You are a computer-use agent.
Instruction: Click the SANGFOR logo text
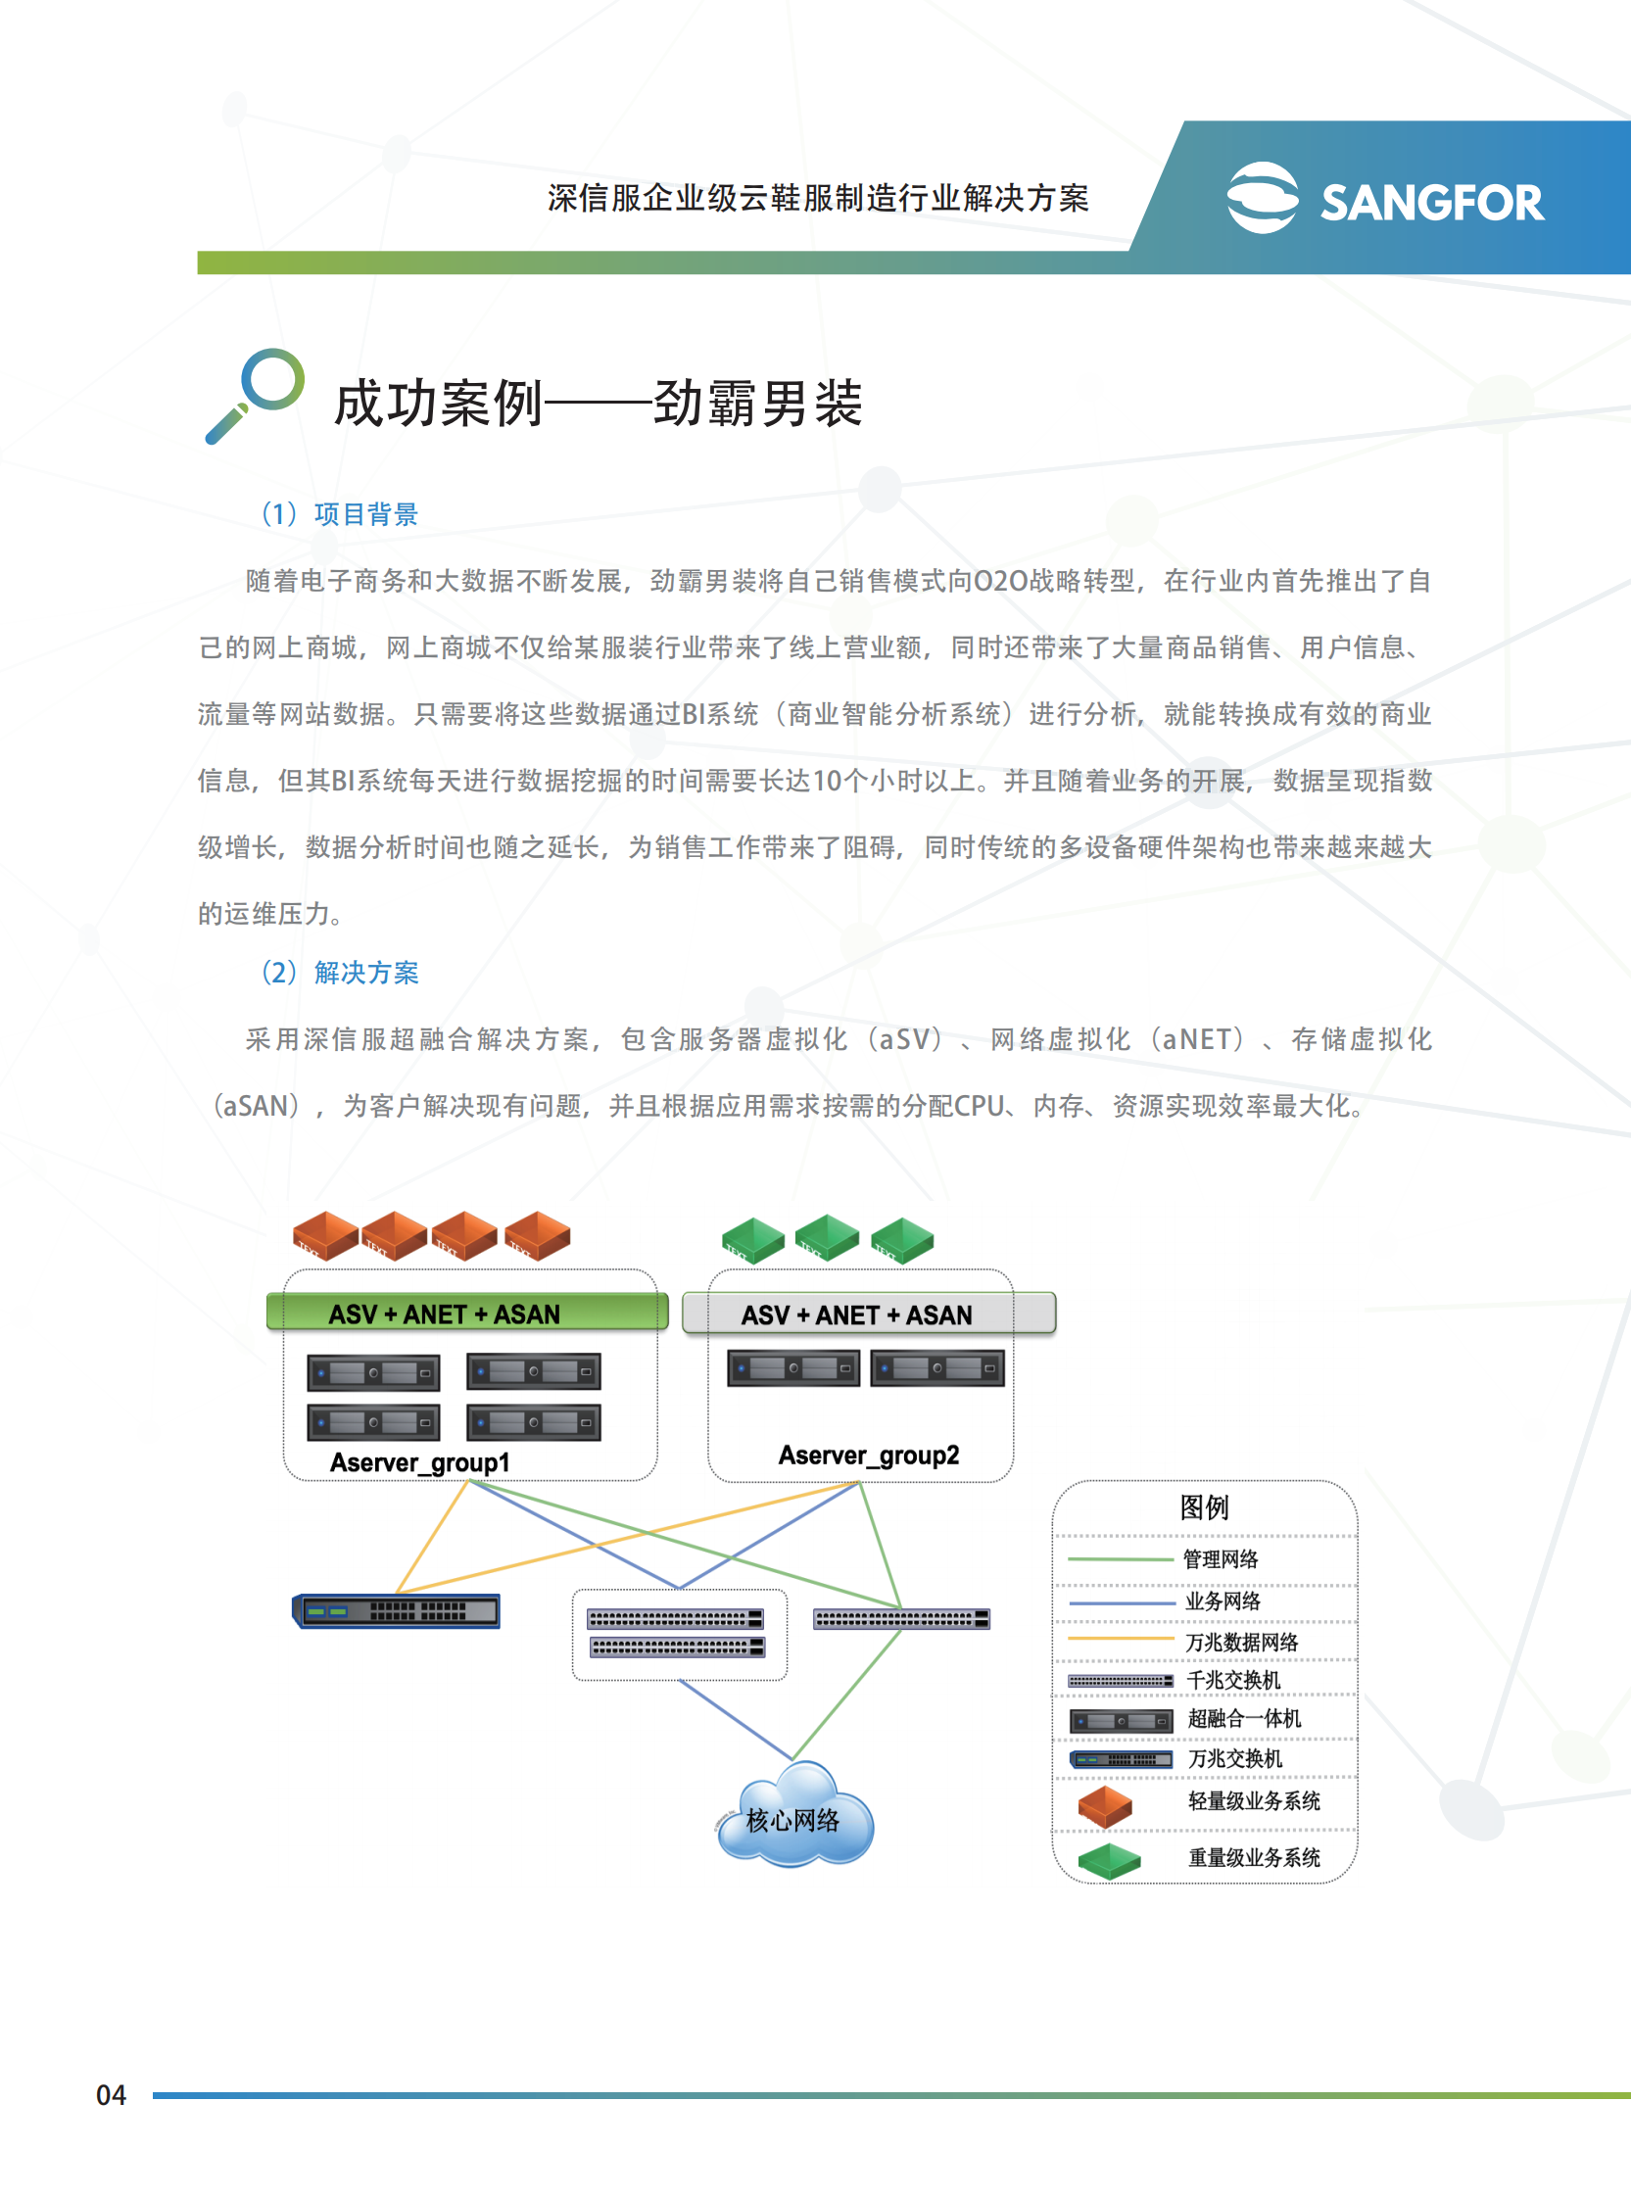click(1431, 203)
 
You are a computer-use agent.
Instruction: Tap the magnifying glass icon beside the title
click(256, 395)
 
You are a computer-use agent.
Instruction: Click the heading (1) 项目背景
click(340, 514)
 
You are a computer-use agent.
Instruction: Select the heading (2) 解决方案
click(340, 973)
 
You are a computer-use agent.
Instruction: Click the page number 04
click(111, 2094)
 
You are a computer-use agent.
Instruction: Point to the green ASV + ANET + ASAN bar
click(466, 1313)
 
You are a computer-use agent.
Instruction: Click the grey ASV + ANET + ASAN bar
click(869, 1314)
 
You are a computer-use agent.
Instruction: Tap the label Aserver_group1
click(419, 1461)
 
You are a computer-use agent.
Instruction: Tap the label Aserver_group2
click(868, 1455)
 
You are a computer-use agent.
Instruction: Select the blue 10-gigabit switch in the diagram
click(397, 1610)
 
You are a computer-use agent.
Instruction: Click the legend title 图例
click(1204, 1507)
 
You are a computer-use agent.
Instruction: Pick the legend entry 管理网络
click(1221, 1558)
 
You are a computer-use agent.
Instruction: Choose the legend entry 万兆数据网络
click(1241, 1642)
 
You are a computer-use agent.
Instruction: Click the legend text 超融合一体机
click(1244, 1718)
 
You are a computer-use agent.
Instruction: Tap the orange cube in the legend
click(1105, 1805)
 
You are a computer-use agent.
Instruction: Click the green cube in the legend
click(1109, 1859)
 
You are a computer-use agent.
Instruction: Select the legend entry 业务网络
click(1223, 1601)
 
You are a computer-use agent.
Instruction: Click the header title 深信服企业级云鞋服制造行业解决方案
click(818, 199)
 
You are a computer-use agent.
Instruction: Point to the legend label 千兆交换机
click(1233, 1680)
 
